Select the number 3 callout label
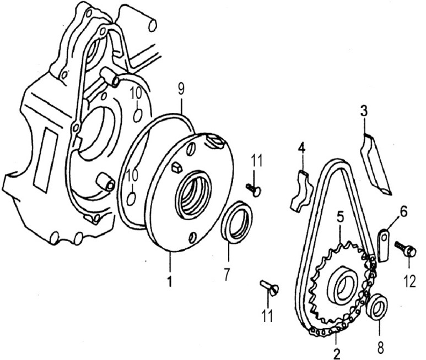coord(364,111)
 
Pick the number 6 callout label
coord(403,211)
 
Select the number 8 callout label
coord(381,347)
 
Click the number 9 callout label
coord(181,89)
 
